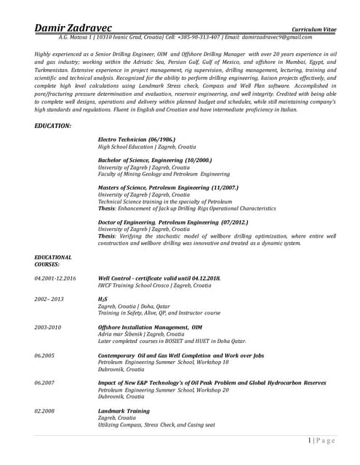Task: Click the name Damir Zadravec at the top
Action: pos(77,27)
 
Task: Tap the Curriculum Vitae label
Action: pos(315,28)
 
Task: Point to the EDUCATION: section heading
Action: pos(53,126)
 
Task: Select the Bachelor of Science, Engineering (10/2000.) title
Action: pos(155,160)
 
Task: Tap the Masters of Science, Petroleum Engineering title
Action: pos(167,187)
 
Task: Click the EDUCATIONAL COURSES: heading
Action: pos(53,261)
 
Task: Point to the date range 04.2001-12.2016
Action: pos(55,278)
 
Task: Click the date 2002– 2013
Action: pos(49,299)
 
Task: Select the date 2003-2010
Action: pos(48,327)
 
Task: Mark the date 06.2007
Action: pos(44,382)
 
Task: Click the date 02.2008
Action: pos(44,411)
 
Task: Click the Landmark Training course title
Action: pos(124,411)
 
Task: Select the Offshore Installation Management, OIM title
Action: pos(150,327)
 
